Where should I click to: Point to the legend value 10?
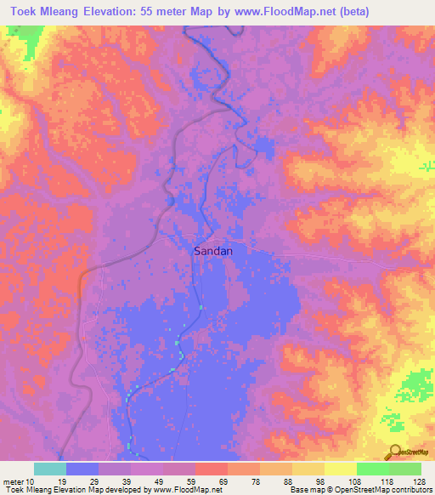pos(30,482)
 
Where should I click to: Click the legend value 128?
pos(419,482)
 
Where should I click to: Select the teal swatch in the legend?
pos(50,469)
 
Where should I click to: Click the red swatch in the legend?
pos(211,469)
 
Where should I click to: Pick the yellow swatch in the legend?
pos(340,469)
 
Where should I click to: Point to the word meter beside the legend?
pos(13,482)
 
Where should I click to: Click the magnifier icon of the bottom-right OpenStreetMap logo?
pos(394,451)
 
